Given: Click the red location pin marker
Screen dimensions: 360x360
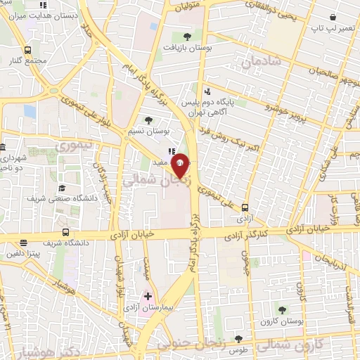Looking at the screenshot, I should click(180, 165).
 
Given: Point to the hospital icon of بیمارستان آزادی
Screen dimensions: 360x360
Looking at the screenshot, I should click(147, 296).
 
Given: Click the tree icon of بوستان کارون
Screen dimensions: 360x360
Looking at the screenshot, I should click(281, 310).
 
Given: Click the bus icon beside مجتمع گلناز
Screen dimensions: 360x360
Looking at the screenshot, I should click(27, 51).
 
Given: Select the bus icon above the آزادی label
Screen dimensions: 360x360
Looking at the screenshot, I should click(245, 208).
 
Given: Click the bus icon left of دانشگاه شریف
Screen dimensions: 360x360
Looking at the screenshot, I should click(65, 232).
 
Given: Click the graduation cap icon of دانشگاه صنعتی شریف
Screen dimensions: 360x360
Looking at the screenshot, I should click(63, 188).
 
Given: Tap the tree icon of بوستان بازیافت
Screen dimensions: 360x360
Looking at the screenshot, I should click(186, 37).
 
